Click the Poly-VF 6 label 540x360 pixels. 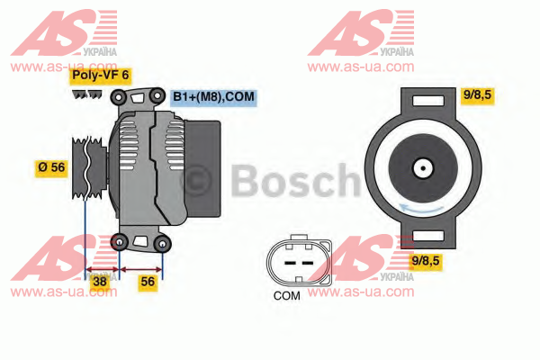[100, 75]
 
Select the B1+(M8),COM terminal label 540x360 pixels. [213, 97]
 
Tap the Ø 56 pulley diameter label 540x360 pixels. [51, 167]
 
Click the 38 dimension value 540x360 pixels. [100, 282]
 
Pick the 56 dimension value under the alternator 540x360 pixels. [148, 282]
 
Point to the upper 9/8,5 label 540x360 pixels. [477, 94]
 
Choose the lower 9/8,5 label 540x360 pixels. [426, 261]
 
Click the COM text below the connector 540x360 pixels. [287, 295]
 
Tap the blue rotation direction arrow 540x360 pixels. [421, 208]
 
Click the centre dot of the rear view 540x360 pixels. [423, 168]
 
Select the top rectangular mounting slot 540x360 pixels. [428, 101]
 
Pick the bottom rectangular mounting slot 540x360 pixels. [428, 236]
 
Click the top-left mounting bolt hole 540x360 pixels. [119, 97]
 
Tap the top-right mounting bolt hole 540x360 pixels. [157, 95]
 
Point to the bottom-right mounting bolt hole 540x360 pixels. [162, 244]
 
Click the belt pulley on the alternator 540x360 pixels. [89, 167]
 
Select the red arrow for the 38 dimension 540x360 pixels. [102, 269]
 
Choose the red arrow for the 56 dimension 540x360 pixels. [141, 269]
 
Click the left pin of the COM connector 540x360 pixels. [290, 263]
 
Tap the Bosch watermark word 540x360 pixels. [295, 181]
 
